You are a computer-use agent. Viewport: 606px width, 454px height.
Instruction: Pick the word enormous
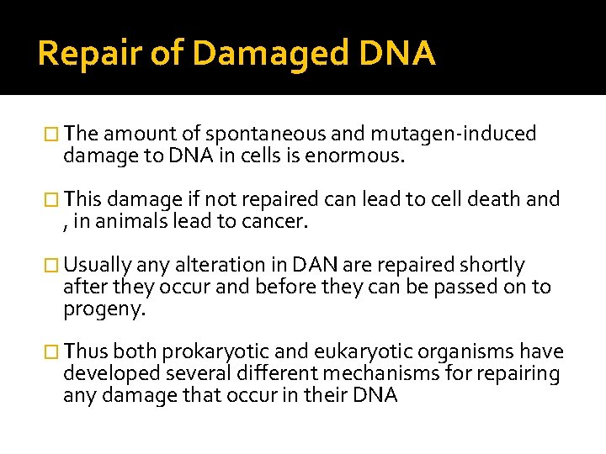359,156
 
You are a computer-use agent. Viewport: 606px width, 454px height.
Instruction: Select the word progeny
104,309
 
